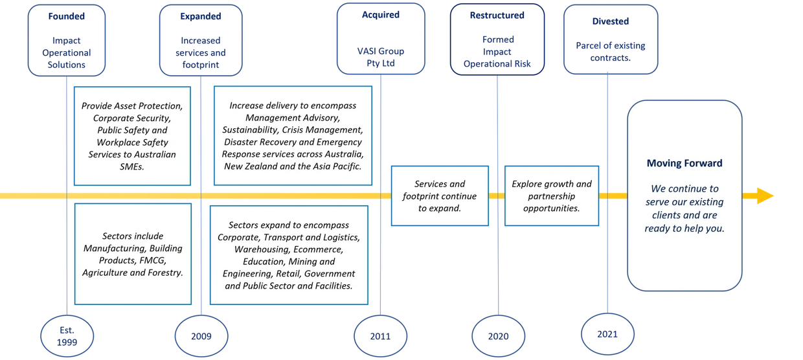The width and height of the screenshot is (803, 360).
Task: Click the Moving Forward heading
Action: click(x=684, y=163)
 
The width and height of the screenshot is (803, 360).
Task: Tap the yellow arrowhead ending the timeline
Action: click(x=764, y=195)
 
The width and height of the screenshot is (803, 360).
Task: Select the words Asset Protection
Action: click(x=155, y=106)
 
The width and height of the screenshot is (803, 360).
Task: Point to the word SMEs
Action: click(x=132, y=166)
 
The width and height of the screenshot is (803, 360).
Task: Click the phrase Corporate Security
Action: click(x=132, y=118)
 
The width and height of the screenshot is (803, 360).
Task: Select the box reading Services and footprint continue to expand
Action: click(x=439, y=196)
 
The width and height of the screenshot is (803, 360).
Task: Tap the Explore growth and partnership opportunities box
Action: click(x=552, y=196)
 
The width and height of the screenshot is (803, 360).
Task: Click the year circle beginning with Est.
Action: click(x=67, y=335)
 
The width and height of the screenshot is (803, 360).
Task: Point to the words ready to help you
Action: click(x=684, y=228)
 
